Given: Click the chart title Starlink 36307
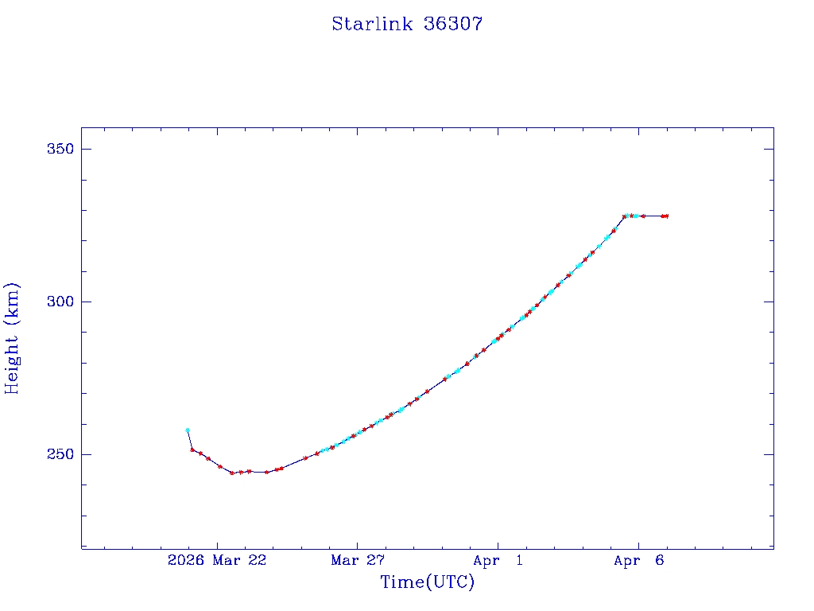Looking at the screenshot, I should (x=407, y=24).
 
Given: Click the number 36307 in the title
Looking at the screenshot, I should (x=454, y=24).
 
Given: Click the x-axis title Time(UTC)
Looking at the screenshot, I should (x=428, y=582).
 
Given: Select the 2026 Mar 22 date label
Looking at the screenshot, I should (x=217, y=561).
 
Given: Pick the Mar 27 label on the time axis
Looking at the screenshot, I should (x=358, y=561).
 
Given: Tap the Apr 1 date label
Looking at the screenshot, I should (x=498, y=561).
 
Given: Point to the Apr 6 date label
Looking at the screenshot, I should (x=638, y=561).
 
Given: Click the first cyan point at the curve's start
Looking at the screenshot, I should (x=188, y=430).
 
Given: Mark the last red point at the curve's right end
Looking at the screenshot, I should (x=667, y=216).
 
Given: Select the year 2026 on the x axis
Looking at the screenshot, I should (x=184, y=561).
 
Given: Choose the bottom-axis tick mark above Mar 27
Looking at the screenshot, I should (x=358, y=543).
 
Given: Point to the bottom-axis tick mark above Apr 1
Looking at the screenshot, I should (x=498, y=543).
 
